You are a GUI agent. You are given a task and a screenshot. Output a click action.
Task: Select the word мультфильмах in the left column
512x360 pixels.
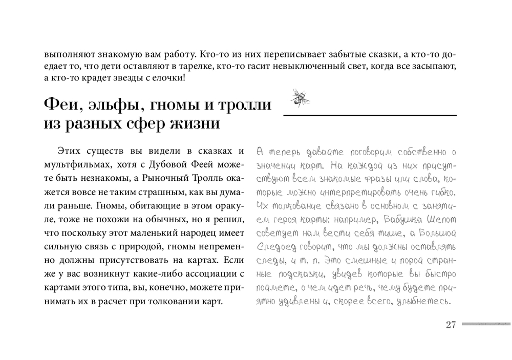click(x=77, y=164)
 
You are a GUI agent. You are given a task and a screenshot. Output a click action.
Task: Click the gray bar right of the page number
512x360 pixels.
click(x=485, y=324)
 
